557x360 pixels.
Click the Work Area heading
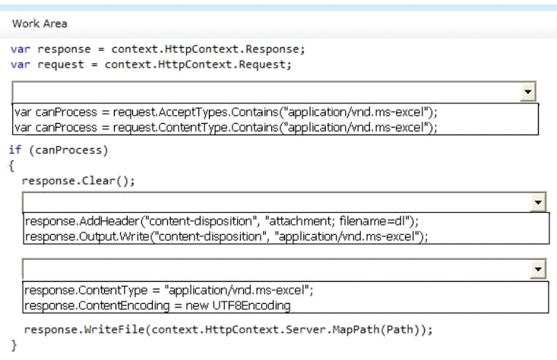(40, 24)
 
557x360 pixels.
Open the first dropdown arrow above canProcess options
(528, 93)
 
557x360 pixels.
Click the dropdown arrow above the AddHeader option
(538, 202)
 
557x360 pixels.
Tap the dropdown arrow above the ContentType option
(538, 270)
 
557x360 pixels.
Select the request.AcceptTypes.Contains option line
(226, 112)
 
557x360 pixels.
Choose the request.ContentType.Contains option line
(226, 127)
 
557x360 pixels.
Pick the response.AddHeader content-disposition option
(222, 221)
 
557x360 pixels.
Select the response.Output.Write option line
(226, 236)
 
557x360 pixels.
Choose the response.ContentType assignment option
(169, 290)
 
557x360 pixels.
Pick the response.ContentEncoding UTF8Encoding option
(157, 305)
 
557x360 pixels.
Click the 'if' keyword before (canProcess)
(15, 150)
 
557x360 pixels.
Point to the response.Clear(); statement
(78, 181)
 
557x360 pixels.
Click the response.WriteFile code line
(229, 330)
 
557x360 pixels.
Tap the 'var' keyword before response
(21, 49)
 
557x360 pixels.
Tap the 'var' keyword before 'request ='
(21, 65)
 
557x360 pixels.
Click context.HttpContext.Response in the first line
(208, 49)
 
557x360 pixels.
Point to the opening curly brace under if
(11, 166)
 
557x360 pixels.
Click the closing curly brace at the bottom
(14, 345)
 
